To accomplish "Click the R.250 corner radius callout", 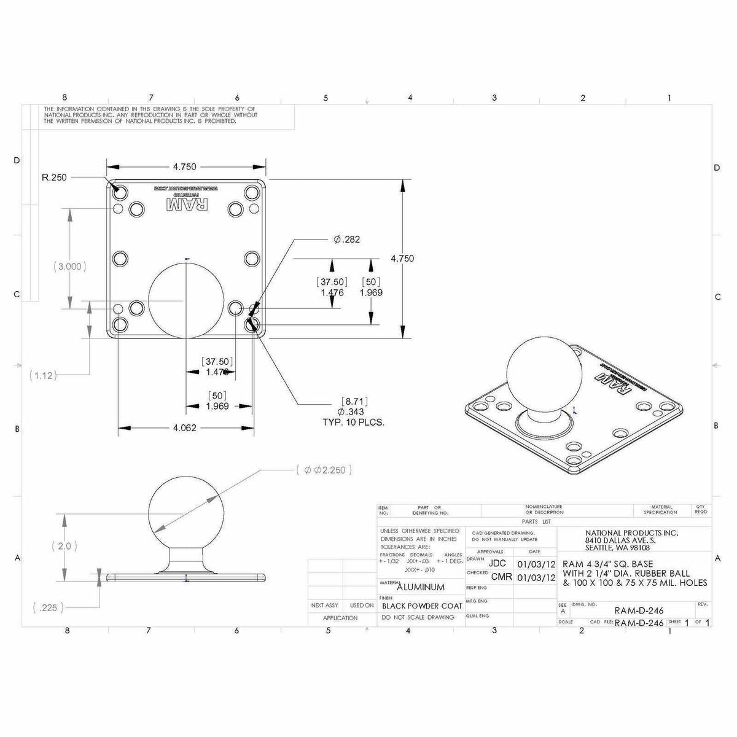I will [55, 177].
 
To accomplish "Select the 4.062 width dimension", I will [184, 428].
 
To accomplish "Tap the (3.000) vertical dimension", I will [69, 267].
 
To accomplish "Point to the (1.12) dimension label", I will [43, 375].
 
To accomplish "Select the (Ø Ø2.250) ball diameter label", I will [324, 470].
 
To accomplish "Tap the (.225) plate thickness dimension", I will [47, 608].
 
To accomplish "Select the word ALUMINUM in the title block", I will [421, 587].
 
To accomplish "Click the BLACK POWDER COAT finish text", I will [422, 605].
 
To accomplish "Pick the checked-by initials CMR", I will [501, 577].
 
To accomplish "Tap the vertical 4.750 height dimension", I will [402, 259].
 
